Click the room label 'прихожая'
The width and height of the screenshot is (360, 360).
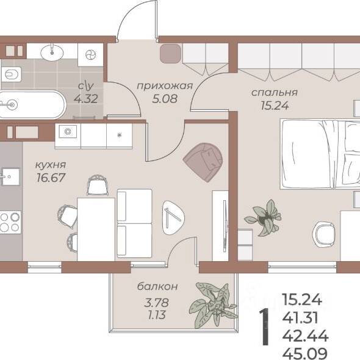[x=165, y=86]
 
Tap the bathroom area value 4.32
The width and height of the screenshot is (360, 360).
[x=86, y=99]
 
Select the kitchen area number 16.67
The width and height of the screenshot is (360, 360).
[x=51, y=178]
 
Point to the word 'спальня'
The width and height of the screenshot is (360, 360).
[x=275, y=93]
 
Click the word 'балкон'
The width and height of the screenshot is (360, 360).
[x=157, y=286]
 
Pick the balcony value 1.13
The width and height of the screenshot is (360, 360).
[x=157, y=315]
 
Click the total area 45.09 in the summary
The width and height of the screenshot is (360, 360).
[x=304, y=354]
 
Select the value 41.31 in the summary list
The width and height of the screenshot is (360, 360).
[x=300, y=318]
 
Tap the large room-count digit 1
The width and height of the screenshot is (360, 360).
[x=264, y=327]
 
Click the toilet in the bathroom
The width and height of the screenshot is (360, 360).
[x=11, y=74]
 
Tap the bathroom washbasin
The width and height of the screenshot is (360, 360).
[x=52, y=52]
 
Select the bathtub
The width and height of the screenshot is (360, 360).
[x=32, y=105]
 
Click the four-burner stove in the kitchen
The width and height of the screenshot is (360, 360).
[x=10, y=222]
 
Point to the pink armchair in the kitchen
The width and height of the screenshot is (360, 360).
[x=203, y=162]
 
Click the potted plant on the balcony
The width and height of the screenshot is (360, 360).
[x=213, y=305]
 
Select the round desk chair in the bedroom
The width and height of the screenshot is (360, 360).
[x=325, y=234]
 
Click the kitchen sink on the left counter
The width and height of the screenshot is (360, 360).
[x=10, y=177]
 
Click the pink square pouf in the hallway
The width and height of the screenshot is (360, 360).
[x=170, y=53]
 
